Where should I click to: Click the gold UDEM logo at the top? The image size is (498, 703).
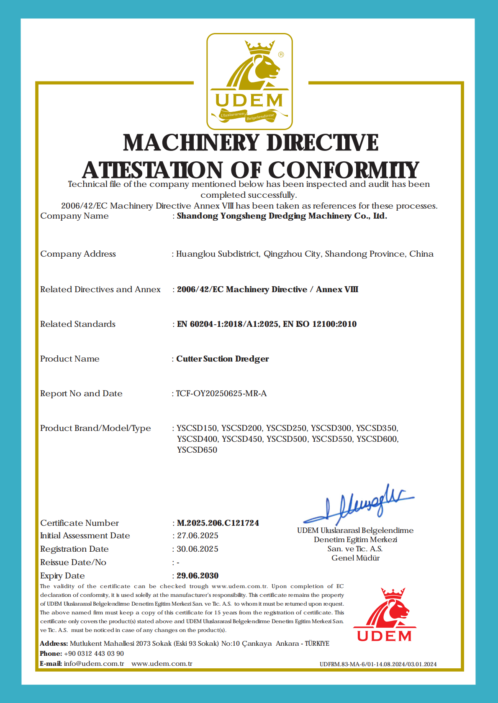(x=249, y=82)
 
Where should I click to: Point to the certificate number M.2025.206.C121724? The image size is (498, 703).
(x=218, y=523)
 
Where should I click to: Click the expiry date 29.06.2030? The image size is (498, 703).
(x=198, y=576)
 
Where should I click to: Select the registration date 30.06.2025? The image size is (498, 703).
(x=198, y=549)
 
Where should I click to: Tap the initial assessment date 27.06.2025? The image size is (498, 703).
(x=198, y=535)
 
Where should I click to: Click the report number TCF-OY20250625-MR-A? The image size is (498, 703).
(x=221, y=393)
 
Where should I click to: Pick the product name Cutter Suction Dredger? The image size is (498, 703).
(x=223, y=359)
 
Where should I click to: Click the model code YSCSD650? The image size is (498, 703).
(x=197, y=450)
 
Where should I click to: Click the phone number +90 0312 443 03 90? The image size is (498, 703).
(x=94, y=653)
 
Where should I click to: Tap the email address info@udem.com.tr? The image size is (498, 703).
(x=94, y=663)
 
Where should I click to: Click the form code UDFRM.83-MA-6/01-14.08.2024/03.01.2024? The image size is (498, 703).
(x=378, y=664)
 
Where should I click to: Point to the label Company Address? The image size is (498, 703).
(x=78, y=254)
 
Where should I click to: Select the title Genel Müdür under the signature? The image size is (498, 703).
(x=355, y=558)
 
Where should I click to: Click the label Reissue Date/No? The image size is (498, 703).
(x=73, y=562)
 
